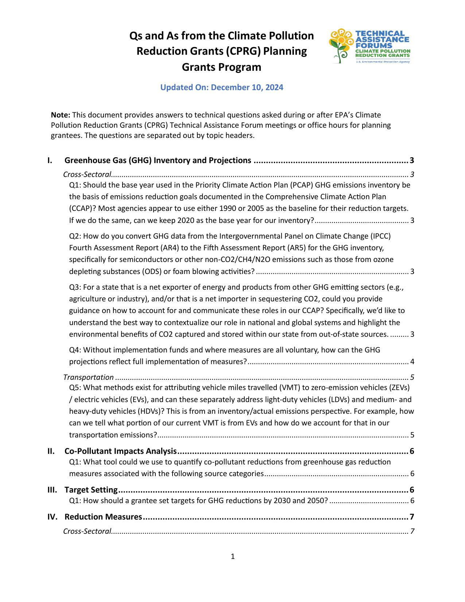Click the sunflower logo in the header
(341, 46)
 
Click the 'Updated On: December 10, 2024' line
(222, 88)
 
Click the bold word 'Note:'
(61, 115)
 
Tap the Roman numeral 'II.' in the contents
(51, 451)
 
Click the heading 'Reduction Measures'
(103, 517)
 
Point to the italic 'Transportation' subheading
(89, 377)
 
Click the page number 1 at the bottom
(233, 556)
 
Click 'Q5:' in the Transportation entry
(75, 387)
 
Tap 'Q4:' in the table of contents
(75, 350)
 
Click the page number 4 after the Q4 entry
(412, 362)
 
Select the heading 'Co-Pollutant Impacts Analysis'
(121, 451)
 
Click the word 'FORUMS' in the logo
(369, 46)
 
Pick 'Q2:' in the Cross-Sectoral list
(75, 236)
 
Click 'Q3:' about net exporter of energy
(75, 287)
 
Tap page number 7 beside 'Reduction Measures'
(412, 517)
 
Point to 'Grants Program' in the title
(221, 67)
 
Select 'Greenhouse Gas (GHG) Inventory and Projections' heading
(158, 161)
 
